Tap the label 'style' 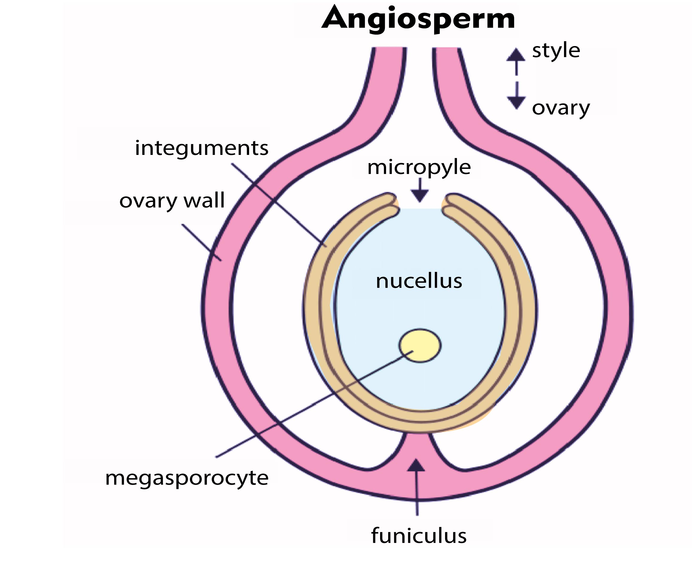pos(556,51)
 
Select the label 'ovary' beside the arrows pos(561,108)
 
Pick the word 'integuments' pos(201,148)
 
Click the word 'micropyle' pos(419,168)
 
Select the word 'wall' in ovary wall pos(204,200)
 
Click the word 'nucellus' pos(419,281)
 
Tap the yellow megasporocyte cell pos(420,345)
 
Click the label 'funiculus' pos(419,536)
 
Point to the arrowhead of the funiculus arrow pos(416,465)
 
